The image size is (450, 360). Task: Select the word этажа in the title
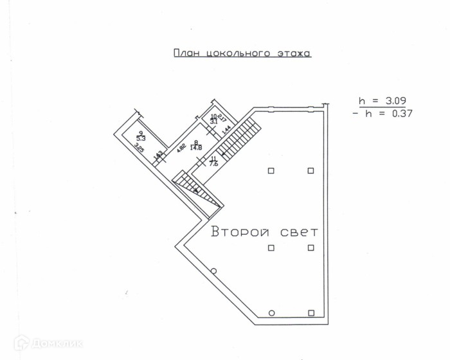(x=293, y=53)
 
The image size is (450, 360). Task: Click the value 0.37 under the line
(x=398, y=113)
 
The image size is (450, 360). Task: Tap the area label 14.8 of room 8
(x=196, y=148)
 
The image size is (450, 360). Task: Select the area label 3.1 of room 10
(x=213, y=121)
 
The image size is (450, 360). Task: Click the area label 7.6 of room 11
(x=214, y=163)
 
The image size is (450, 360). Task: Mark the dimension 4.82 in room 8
(x=182, y=147)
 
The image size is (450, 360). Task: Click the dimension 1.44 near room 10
(x=226, y=129)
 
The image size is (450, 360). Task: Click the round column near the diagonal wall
(x=213, y=271)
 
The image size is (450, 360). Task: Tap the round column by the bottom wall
(x=271, y=313)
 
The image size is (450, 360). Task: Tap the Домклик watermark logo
(x=48, y=343)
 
